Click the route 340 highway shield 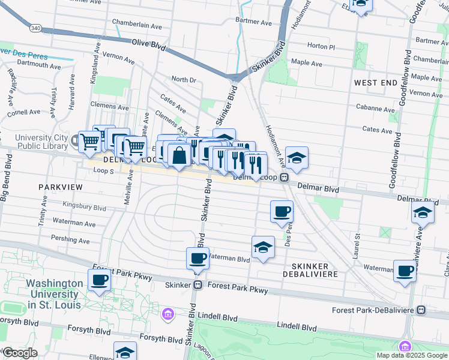[x=35, y=28]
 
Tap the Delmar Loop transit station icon [x=285, y=178]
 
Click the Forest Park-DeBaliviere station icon [x=421, y=310]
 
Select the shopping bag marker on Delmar [x=179, y=155]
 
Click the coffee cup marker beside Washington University [x=100, y=279]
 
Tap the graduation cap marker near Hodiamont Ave [x=297, y=157]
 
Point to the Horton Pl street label [x=321, y=46]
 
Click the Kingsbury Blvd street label [x=85, y=208]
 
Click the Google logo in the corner [x=19, y=353]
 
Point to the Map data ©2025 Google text [x=412, y=355]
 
